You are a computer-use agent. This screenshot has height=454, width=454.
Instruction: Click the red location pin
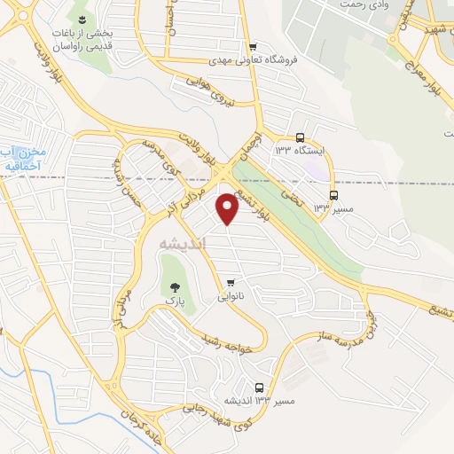229,209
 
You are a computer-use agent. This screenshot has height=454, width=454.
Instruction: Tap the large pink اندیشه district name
181,242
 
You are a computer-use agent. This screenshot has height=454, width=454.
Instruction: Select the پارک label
174,302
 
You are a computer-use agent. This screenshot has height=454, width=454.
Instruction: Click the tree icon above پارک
174,286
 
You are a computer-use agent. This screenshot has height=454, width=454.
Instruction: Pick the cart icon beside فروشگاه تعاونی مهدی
254,47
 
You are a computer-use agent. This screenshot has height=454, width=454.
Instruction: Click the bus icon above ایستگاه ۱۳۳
301,137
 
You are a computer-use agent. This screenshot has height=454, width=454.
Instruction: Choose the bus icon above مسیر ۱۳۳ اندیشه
259,387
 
